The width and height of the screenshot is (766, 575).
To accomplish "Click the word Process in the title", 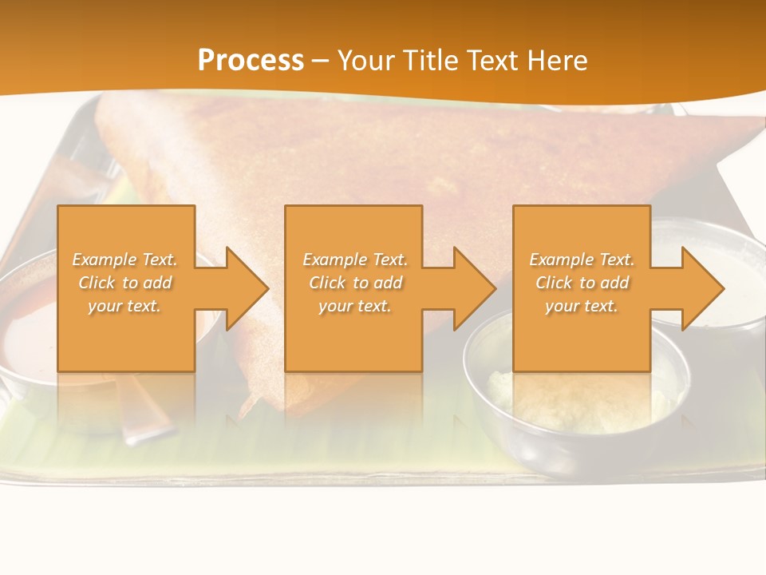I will pyautogui.click(x=251, y=60).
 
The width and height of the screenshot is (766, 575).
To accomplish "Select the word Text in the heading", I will pyautogui.click(x=494, y=60).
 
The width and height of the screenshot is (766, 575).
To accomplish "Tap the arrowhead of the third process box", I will pyautogui.click(x=701, y=288).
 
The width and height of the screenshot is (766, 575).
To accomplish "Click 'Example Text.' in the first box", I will pyautogui.click(x=124, y=260).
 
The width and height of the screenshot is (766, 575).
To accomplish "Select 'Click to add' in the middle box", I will pyautogui.click(x=355, y=283).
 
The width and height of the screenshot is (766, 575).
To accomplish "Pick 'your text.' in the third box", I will pyautogui.click(x=581, y=306).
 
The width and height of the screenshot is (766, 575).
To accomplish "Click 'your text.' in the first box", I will pyautogui.click(x=124, y=306).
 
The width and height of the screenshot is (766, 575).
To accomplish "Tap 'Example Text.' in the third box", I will pyautogui.click(x=581, y=260).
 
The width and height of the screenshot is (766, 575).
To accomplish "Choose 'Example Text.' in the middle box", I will pyautogui.click(x=355, y=260).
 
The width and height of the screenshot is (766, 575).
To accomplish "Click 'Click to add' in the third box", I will pyautogui.click(x=581, y=283).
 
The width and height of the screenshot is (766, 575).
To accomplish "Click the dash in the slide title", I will pyautogui.click(x=320, y=61).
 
